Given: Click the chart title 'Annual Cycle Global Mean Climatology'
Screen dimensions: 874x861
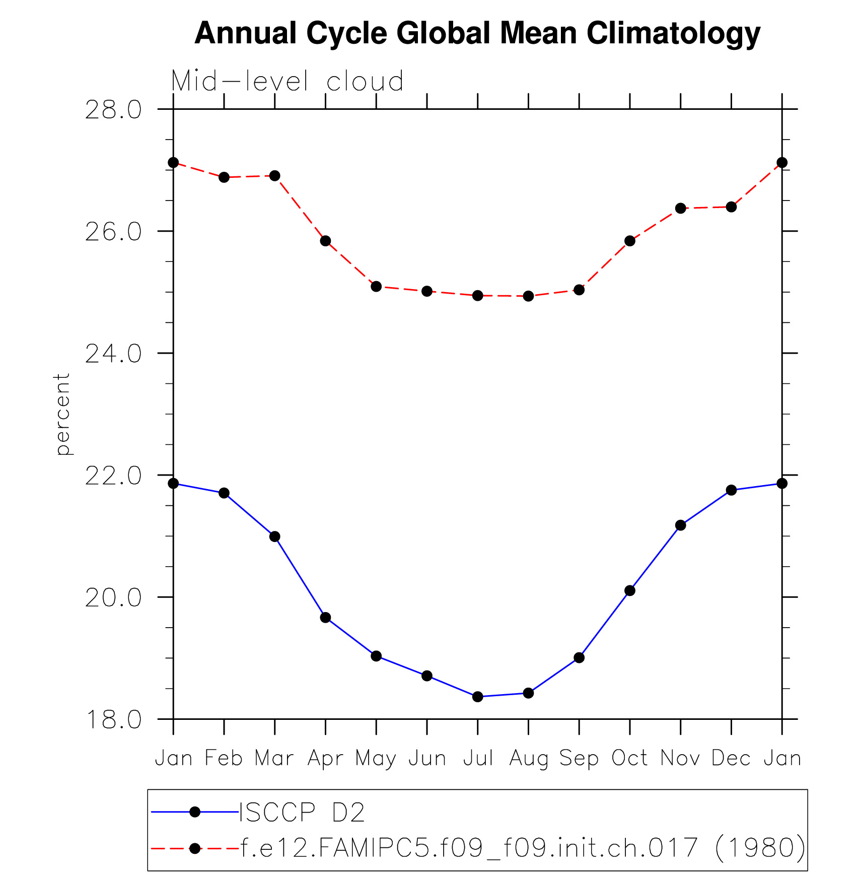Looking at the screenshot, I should point(477,33).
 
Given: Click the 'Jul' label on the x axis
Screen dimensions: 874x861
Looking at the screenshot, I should point(478,758).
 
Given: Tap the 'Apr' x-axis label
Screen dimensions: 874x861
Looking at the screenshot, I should point(325,758).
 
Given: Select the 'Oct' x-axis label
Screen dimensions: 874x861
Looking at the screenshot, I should point(629,758).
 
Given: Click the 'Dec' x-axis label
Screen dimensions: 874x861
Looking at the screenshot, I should point(731,758).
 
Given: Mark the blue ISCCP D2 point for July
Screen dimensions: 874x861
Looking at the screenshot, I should point(478,697).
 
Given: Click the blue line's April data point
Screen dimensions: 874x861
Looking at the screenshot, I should point(325,618).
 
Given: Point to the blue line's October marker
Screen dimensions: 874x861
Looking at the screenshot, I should point(629,590).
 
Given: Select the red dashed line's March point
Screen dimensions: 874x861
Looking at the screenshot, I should point(274,176).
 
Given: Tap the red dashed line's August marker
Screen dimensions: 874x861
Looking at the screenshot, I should point(528,296).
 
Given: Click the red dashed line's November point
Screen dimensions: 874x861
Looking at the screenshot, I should point(680,209).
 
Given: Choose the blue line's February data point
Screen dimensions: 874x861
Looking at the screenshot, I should point(224,493).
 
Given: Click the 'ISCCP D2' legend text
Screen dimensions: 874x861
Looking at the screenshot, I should point(302,812).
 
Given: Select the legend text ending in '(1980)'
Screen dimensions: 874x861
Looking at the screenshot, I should point(523,848).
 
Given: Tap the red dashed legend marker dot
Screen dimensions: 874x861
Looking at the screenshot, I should point(195,849).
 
